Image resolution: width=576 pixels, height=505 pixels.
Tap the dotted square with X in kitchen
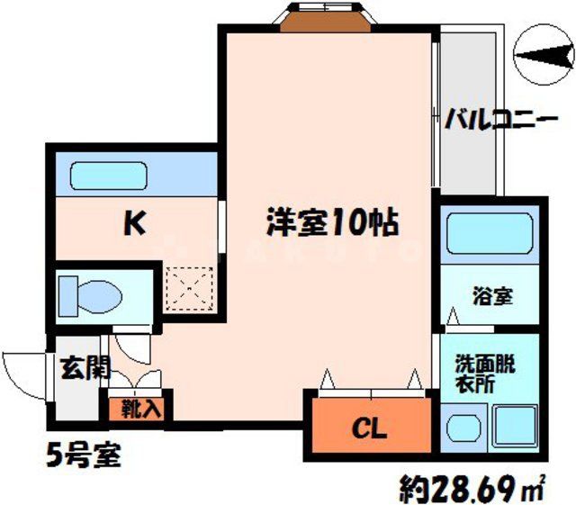pyautogui.click(x=191, y=287)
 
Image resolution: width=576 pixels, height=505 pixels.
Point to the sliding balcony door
pyautogui.click(x=436, y=113)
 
